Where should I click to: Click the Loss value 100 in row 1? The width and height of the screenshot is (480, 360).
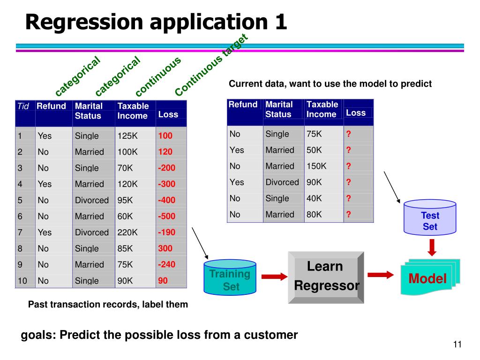pyautogui.click(x=165, y=135)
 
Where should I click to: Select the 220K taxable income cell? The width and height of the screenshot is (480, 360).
pyautogui.click(x=127, y=232)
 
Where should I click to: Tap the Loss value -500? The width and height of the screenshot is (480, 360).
pyautogui.click(x=166, y=216)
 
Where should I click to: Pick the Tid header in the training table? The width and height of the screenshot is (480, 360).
pyautogui.click(x=23, y=106)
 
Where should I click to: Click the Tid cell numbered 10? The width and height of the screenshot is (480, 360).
pyautogui.click(x=22, y=281)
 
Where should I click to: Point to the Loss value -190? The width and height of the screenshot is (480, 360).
pyautogui.click(x=166, y=232)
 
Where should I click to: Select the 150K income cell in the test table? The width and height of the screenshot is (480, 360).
pyautogui.click(x=316, y=166)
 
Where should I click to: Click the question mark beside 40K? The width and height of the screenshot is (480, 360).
pyautogui.click(x=348, y=198)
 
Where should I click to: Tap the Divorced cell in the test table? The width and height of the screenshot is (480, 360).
pyautogui.click(x=282, y=182)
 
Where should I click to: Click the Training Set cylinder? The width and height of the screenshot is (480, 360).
pyautogui.click(x=230, y=277)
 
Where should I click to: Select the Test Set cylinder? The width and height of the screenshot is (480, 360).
pyautogui.click(x=430, y=217)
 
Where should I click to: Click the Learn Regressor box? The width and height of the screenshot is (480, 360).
pyautogui.click(x=326, y=277)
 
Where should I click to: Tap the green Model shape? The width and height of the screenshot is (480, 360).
pyautogui.click(x=430, y=277)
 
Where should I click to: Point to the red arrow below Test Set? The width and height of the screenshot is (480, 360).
pyautogui.click(x=432, y=247)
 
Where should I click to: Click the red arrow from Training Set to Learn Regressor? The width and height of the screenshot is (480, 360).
pyautogui.click(x=274, y=277)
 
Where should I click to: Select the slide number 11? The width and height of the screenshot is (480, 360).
pyautogui.click(x=457, y=345)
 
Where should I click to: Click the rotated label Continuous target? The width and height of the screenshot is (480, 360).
pyautogui.click(x=211, y=65)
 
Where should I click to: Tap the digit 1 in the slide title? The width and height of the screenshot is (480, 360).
pyautogui.click(x=281, y=22)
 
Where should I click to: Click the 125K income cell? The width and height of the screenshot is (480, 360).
pyautogui.click(x=127, y=135)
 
